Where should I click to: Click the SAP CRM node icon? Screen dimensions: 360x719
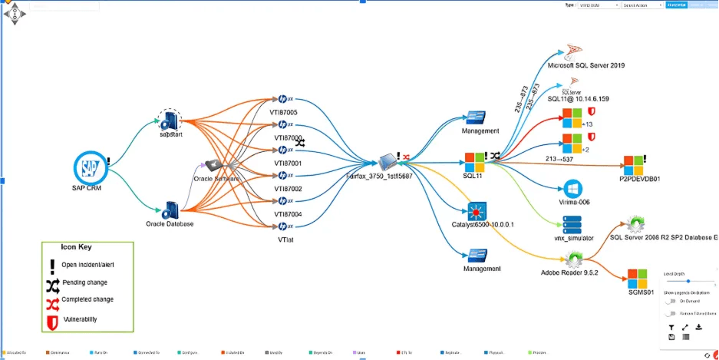tap(89, 167)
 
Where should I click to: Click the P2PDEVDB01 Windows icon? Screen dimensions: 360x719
tap(634, 164)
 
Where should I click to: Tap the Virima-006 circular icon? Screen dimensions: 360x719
tap(572, 189)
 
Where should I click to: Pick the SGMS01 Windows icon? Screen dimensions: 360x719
tap(638, 278)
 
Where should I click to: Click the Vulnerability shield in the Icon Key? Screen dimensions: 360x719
tap(53, 319)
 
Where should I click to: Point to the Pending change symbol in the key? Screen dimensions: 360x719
tap(53, 282)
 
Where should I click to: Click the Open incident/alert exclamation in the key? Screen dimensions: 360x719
tap(53, 265)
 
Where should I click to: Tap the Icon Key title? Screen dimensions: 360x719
tap(77, 247)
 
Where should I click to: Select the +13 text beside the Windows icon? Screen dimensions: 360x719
tap(589, 124)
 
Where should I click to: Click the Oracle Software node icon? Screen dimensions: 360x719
tap(214, 166)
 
